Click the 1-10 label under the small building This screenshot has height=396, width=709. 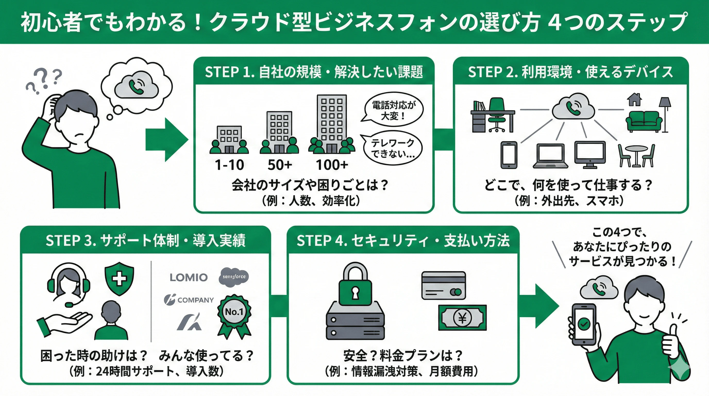(x=229, y=165)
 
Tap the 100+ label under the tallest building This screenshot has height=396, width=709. (x=332, y=165)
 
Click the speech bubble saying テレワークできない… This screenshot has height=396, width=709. (x=393, y=148)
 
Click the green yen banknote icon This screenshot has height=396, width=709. (x=462, y=318)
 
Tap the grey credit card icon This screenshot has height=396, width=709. (x=443, y=285)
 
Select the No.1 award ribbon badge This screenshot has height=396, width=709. (x=234, y=316)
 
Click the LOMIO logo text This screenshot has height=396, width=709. (x=189, y=277)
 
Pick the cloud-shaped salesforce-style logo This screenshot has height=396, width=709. (x=234, y=277)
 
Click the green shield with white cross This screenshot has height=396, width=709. (x=119, y=278)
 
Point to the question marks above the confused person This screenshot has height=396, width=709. (x=44, y=80)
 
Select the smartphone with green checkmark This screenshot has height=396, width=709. (x=584, y=324)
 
